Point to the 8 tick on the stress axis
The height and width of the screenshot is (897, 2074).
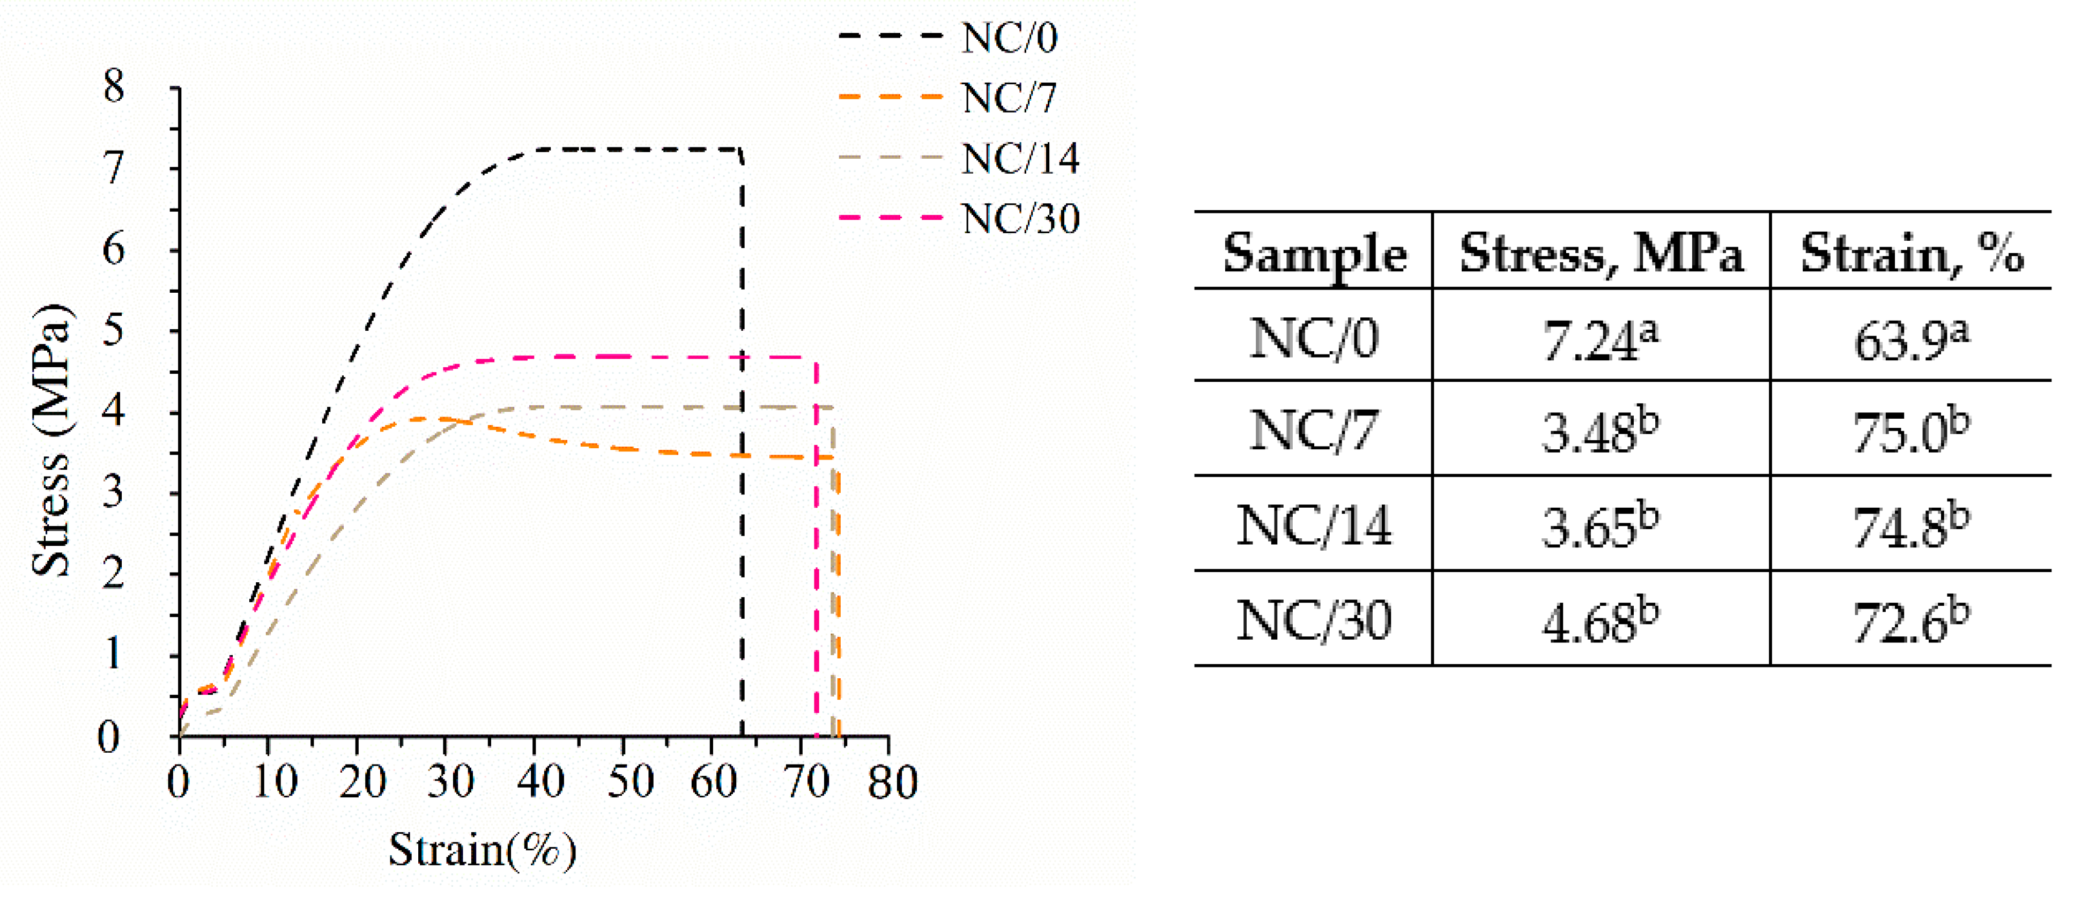(114, 85)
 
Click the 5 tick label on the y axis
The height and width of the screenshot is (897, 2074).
(114, 330)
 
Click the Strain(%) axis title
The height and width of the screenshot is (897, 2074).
(482, 849)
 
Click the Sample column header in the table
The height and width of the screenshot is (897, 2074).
(1314, 254)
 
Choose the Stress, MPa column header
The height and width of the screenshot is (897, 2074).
(1601, 254)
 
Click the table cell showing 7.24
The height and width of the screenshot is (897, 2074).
(1599, 339)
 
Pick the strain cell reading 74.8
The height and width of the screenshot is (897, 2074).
(1910, 527)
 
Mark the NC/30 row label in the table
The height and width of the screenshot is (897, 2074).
(1314, 621)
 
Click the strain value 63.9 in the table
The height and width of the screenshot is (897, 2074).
(1910, 339)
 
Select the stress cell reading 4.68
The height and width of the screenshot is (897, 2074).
(1599, 621)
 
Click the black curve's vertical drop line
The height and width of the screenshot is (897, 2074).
(742, 483)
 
